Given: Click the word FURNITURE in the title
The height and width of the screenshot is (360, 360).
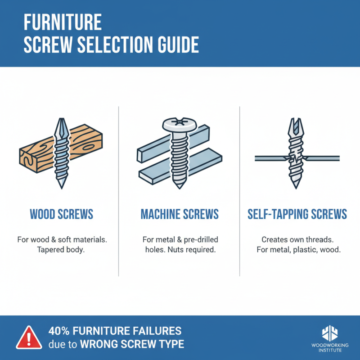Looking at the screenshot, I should coord(62,22).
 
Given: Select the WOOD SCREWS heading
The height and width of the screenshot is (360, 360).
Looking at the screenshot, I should coord(62,214).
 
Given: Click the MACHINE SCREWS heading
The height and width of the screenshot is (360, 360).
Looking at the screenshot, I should coord(180,214).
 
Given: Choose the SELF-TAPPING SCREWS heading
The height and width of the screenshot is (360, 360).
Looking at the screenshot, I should coord(297,214).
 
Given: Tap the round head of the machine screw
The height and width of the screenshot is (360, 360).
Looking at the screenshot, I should coord(180,124).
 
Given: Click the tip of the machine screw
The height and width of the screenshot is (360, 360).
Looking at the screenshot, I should coord(180,185).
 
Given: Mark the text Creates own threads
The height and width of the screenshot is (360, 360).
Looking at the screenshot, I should coord(297,239).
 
